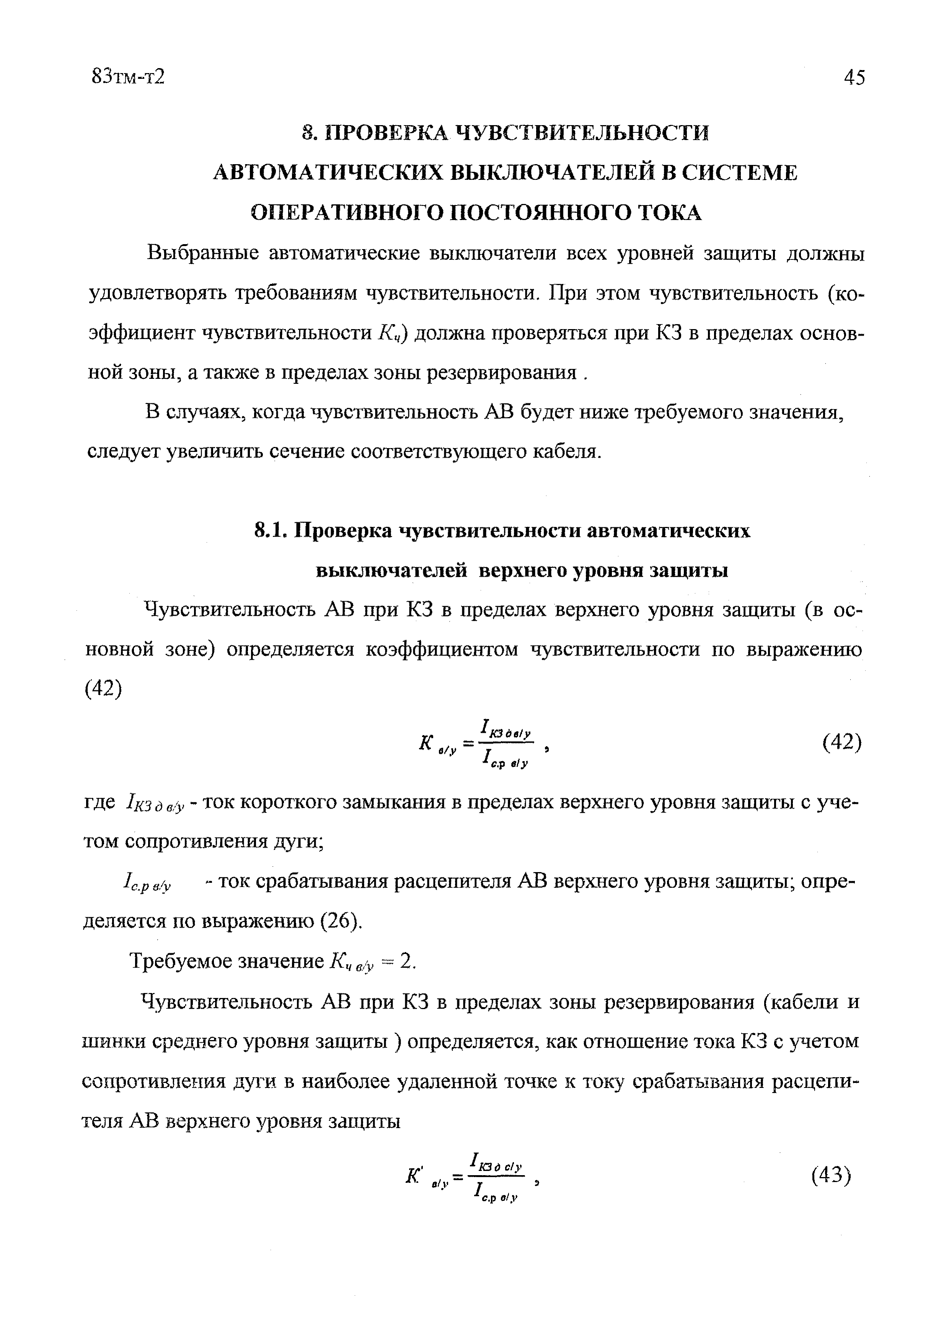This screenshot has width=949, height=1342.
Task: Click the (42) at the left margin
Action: coord(104,689)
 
